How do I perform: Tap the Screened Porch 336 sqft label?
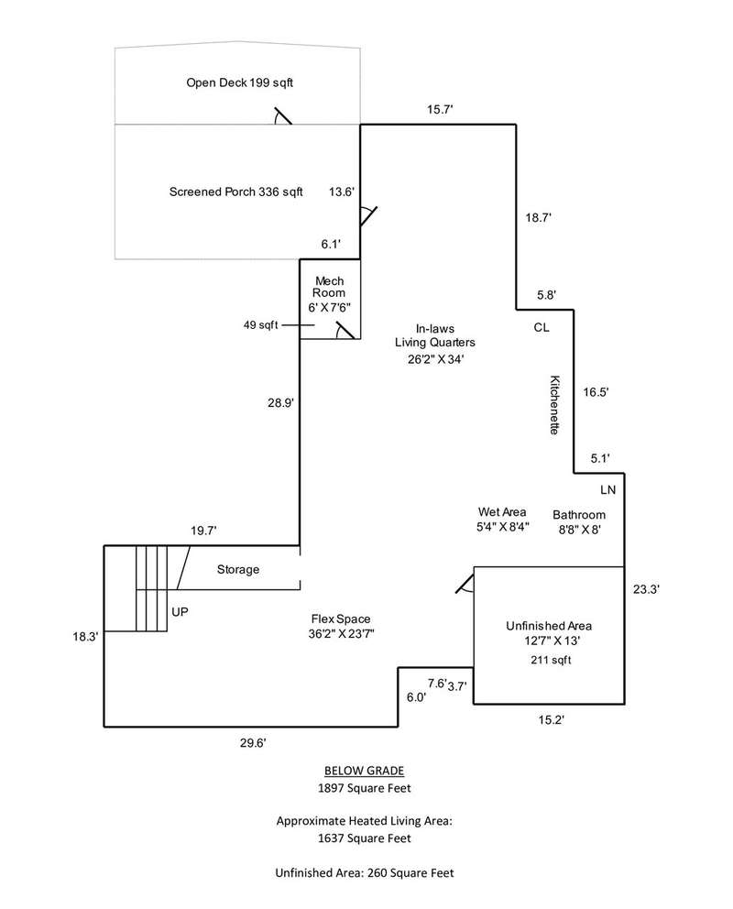point(235,192)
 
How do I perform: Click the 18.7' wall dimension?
point(538,217)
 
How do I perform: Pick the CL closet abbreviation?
point(541,327)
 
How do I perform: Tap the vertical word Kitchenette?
point(554,404)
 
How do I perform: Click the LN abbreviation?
point(608,490)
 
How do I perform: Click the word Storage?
point(237,569)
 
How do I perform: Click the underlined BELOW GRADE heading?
point(364,770)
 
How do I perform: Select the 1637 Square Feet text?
point(365,838)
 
